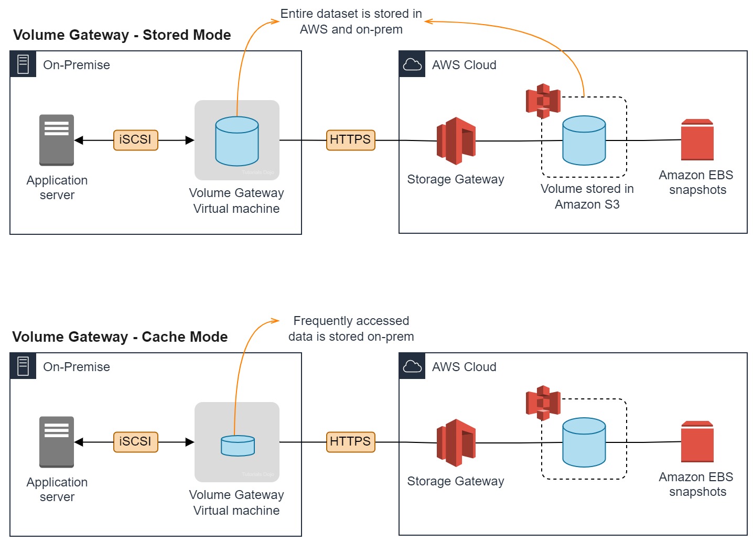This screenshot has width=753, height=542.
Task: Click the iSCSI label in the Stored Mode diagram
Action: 135,140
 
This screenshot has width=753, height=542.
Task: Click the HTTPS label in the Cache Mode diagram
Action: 350,442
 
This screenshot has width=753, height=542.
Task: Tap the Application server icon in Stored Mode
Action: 57,140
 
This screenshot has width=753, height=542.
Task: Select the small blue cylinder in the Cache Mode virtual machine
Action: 238,446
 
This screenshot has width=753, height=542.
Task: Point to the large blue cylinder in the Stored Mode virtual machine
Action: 237,141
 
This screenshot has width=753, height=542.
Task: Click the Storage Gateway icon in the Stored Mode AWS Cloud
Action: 456,140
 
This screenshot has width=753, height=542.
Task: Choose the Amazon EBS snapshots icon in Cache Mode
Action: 697,442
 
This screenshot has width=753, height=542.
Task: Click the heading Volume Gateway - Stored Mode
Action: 122,35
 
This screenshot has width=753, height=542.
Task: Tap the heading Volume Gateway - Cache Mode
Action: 120,337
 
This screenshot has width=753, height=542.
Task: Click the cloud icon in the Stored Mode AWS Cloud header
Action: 412,64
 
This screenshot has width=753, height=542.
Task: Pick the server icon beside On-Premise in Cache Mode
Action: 23,366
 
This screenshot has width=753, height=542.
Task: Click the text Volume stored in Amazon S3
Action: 587,197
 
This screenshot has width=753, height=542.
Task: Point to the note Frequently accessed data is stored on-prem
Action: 351,329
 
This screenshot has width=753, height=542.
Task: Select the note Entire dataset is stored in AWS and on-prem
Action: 351,21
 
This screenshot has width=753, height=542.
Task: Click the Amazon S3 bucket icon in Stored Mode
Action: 543,101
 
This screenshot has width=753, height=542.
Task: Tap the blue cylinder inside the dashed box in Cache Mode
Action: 584,442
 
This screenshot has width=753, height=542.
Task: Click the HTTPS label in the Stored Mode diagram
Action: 350,140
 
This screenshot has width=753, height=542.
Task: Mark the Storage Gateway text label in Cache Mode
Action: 455,481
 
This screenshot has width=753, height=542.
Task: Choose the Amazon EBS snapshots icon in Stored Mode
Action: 697,140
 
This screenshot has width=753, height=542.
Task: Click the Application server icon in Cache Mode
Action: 57,442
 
